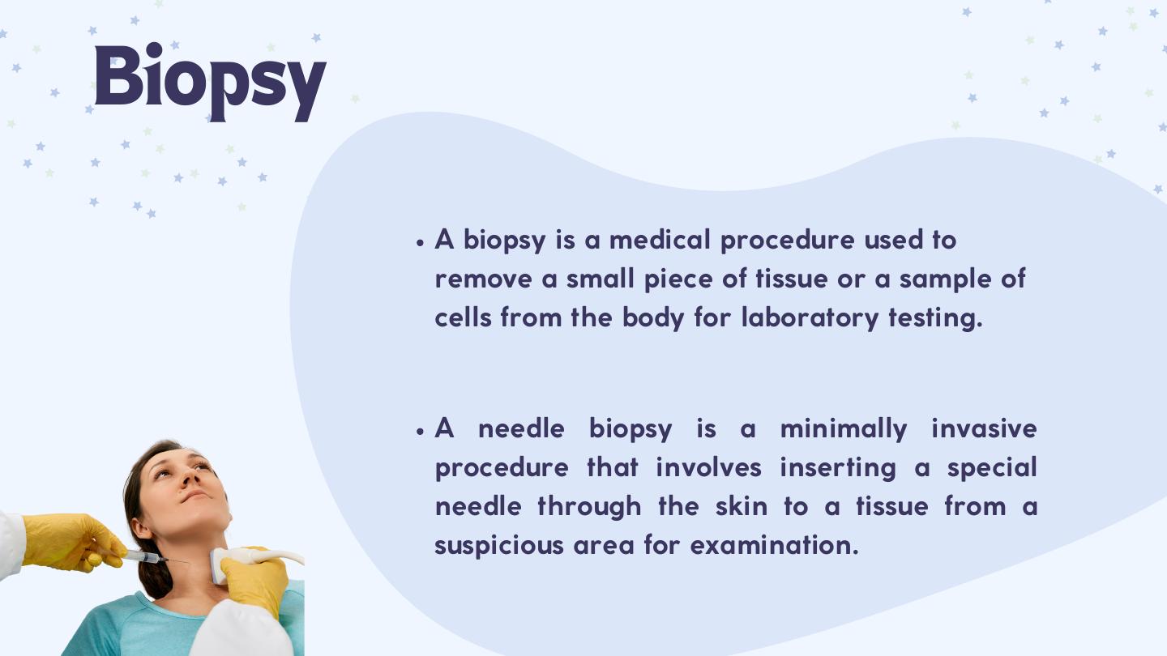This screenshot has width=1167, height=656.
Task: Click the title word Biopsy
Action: pyautogui.click(x=211, y=83)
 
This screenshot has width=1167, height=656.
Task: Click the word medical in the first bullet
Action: pyautogui.click(x=660, y=240)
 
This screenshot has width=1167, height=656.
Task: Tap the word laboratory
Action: pyautogui.click(x=810, y=318)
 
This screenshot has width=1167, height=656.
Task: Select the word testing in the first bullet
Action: pyautogui.click(x=936, y=318)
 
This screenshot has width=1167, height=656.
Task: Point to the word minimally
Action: pyautogui.click(x=844, y=429)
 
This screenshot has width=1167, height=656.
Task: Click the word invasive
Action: pyautogui.click(x=984, y=429)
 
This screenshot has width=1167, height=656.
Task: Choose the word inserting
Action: pyautogui.click(x=838, y=468)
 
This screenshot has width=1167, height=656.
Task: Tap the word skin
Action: pyautogui.click(x=742, y=507)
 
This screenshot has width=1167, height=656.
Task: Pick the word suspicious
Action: pyautogui.click(x=499, y=546)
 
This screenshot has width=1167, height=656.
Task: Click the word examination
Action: pyautogui.click(x=774, y=546)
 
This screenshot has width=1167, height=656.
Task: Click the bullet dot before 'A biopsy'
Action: pyautogui.click(x=421, y=243)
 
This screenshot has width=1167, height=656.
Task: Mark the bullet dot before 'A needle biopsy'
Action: pyautogui.click(x=421, y=432)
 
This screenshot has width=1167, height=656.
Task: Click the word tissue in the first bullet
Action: pyautogui.click(x=791, y=279)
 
